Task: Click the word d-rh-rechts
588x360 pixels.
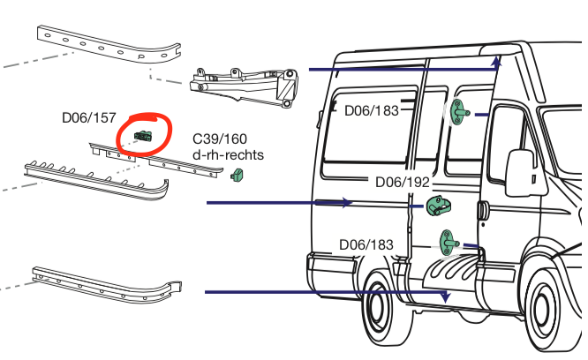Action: [228, 155]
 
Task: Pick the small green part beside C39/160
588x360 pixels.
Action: [236, 176]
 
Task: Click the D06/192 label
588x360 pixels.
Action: [402, 183]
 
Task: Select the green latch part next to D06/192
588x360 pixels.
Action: [437, 206]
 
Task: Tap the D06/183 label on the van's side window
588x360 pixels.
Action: [371, 110]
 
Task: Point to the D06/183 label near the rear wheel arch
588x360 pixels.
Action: [366, 244]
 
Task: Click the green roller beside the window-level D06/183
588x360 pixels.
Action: [458, 113]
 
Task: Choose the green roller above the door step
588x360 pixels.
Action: [449, 239]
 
